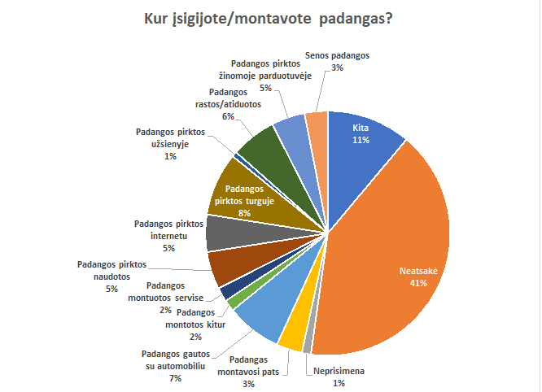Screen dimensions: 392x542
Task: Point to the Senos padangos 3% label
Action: (x=337, y=63)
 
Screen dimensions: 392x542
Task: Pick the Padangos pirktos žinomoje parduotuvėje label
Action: (x=266, y=72)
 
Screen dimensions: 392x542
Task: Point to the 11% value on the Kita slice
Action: (x=361, y=140)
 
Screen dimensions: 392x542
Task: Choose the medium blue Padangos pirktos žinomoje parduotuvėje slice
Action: (x=290, y=129)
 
